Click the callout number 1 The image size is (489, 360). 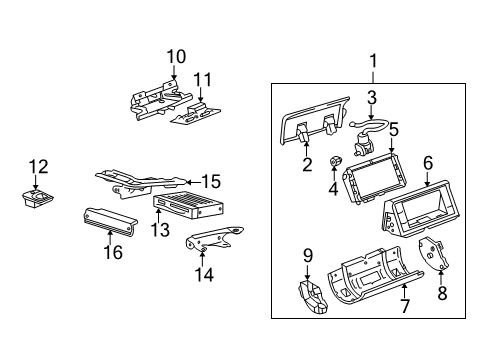pyautogui.click(x=373, y=62)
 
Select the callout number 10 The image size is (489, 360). pyautogui.click(x=176, y=55)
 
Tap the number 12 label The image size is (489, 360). pyautogui.click(x=38, y=166)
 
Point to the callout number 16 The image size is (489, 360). pyautogui.click(x=113, y=252)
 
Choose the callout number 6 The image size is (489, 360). pyautogui.click(x=427, y=161)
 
